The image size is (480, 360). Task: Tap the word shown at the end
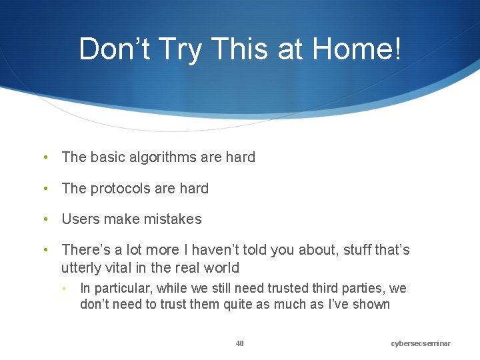tap(372, 305)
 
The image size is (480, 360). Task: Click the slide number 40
tap(240, 343)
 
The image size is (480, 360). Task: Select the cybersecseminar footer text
tap(421, 343)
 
